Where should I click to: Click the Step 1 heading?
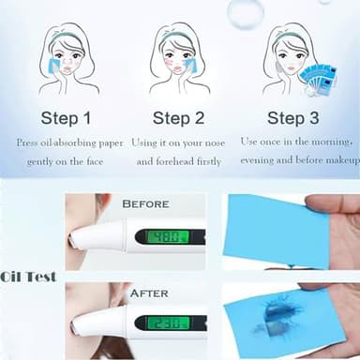[x=67, y=119]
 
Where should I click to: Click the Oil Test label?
[x=28, y=277]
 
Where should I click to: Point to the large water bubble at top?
[x=245, y=12]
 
